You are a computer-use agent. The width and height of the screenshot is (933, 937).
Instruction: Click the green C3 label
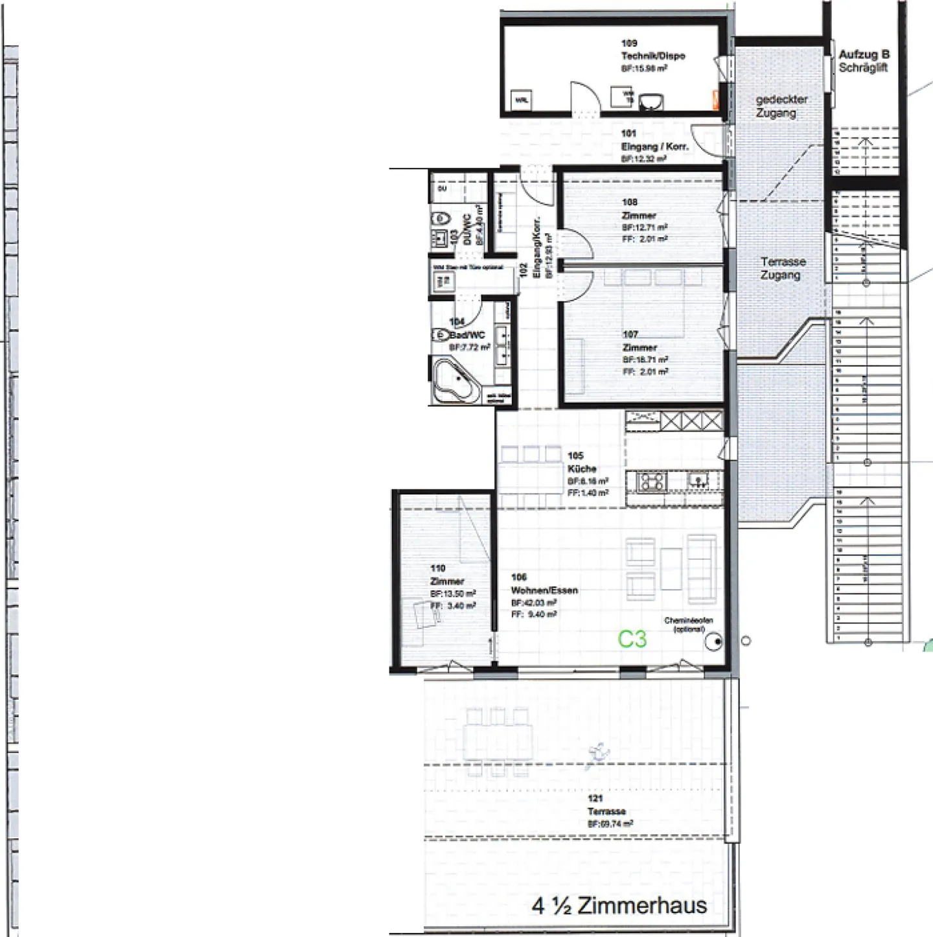[x=632, y=639]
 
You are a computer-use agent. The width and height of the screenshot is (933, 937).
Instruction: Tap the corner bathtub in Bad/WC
[x=456, y=383]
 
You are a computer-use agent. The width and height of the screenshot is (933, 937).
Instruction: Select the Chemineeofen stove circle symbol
[x=715, y=642]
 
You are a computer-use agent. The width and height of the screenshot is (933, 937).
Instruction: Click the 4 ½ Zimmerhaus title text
[x=619, y=905]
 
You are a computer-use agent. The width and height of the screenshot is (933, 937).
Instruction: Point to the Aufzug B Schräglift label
[x=864, y=61]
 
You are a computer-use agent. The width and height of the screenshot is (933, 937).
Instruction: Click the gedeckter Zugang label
[x=781, y=106]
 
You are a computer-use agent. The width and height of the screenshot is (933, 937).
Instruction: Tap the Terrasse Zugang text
[x=783, y=268]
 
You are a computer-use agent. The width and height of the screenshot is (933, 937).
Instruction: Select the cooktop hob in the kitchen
[x=651, y=481]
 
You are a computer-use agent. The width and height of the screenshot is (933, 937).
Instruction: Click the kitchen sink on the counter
[x=698, y=480]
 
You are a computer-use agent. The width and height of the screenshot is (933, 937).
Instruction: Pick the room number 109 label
[x=628, y=43]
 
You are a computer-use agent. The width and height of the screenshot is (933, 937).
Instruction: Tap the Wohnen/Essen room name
[x=544, y=590]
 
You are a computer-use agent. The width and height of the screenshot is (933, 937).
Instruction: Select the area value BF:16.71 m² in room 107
[x=645, y=360]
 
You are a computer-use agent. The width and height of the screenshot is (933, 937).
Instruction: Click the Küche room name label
[x=581, y=468]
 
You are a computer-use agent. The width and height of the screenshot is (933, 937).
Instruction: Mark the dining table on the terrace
[x=498, y=741]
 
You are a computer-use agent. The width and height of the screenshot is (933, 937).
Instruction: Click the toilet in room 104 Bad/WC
[x=441, y=335]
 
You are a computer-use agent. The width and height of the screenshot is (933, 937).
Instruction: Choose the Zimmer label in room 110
[x=447, y=581]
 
